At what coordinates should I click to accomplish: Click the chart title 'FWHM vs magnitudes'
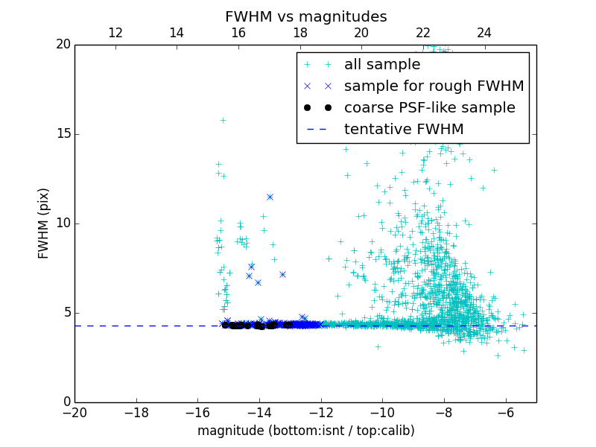coord(305,16)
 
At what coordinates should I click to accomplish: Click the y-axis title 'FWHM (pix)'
coord(44,223)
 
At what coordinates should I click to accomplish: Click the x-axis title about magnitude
coord(305,431)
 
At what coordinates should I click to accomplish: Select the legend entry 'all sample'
coord(382,65)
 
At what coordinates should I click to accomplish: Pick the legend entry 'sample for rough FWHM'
coord(434,86)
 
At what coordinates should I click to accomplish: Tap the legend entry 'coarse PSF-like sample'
coord(429,107)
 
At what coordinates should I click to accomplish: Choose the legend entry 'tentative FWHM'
coord(403,129)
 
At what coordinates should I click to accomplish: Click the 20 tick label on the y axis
coord(63,45)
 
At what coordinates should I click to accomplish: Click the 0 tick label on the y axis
coord(66,402)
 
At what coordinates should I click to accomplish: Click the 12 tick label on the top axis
coord(115,33)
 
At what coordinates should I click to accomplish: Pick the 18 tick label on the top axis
coord(300,33)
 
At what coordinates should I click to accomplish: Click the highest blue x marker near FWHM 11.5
coord(270,197)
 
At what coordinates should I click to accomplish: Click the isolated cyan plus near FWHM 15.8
coord(223,120)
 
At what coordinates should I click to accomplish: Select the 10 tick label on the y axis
coord(63,223)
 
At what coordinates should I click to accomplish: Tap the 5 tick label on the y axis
coord(66,313)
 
